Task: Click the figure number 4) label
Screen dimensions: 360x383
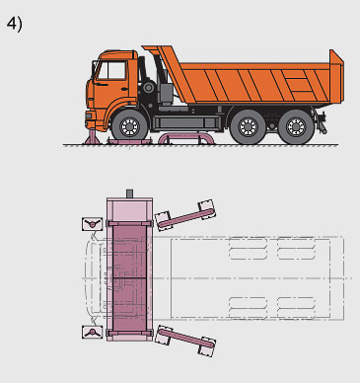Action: click(x=15, y=24)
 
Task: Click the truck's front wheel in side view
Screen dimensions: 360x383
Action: click(x=130, y=126)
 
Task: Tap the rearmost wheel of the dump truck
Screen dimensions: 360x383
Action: click(x=296, y=127)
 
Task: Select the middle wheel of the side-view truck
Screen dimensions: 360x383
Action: click(x=248, y=127)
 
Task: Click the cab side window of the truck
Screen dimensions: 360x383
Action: click(x=112, y=71)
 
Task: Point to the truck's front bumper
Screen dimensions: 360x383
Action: click(x=90, y=120)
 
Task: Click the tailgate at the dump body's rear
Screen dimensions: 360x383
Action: click(x=336, y=76)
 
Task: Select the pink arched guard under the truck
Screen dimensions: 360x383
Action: click(x=186, y=136)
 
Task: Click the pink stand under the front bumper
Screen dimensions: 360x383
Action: click(x=91, y=137)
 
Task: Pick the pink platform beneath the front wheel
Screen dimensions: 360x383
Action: click(x=130, y=142)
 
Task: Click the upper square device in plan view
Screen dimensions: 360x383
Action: click(x=92, y=224)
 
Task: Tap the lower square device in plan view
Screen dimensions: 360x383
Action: click(x=92, y=332)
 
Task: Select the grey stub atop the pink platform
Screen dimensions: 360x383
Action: click(x=129, y=193)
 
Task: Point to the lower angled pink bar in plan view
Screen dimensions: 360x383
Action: click(x=186, y=340)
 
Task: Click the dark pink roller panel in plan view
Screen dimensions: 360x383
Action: click(x=129, y=278)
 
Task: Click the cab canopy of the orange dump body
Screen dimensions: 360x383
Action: click(x=158, y=51)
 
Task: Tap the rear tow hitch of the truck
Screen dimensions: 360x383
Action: click(x=322, y=123)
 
